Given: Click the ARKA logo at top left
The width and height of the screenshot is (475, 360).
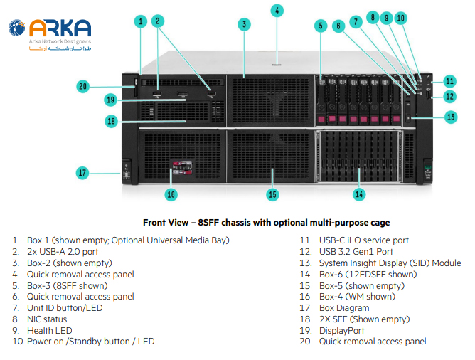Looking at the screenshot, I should pyautogui.click(x=50, y=33).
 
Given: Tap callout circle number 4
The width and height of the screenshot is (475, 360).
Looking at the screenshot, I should pyautogui.click(x=277, y=10).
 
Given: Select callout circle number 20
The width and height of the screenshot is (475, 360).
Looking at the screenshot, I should pyautogui.click(x=82, y=87).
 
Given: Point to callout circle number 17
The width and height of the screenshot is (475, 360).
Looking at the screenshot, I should pyautogui.click(x=82, y=172).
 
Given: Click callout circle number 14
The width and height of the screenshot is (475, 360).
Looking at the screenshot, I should pyautogui.click(x=359, y=193).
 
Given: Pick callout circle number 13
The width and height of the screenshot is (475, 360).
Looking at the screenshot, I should pyautogui.click(x=450, y=116).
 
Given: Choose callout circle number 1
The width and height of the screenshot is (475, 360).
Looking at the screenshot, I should pyautogui.click(x=141, y=21).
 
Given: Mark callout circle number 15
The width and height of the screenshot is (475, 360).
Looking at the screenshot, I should pyautogui.click(x=272, y=193).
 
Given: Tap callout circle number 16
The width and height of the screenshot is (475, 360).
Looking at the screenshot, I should pyautogui.click(x=171, y=193).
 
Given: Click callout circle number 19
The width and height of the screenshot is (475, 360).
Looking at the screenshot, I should pyautogui.click(x=110, y=100).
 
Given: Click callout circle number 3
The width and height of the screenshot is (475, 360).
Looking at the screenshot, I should pyautogui.click(x=244, y=24).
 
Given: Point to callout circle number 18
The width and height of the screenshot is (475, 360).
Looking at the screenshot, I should pyautogui.click(x=110, y=122).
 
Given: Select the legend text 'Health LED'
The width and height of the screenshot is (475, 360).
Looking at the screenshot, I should pyautogui.click(x=54, y=330).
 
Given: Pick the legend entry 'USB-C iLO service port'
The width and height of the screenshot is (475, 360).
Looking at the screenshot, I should pyautogui.click(x=365, y=240).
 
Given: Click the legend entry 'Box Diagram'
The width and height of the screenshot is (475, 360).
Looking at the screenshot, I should pyautogui.click(x=344, y=307).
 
